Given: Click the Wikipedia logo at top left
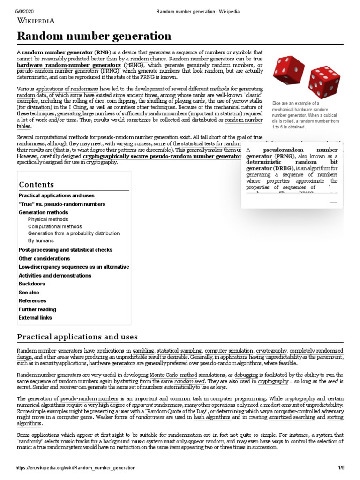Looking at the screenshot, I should tap(36, 20).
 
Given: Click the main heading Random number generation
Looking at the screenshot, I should tap(94, 36).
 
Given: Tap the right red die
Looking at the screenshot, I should tap(324, 82).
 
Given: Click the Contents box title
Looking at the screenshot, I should tap(36, 184).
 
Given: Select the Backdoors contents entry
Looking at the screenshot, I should tap(32, 284).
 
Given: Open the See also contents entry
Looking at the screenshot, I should tap(29, 292).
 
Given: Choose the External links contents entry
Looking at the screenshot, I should tap(35, 317).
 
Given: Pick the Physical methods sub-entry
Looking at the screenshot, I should tap(48, 219).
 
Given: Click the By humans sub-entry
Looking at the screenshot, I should tap(41, 240).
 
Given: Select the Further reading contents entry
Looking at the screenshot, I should tap(37, 309).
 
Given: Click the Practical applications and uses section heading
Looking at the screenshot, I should tap(77, 337).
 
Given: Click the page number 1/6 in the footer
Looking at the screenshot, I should tap(341, 468).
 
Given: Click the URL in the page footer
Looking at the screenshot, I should tap(75, 468).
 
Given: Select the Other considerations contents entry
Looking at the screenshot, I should tap(44, 258).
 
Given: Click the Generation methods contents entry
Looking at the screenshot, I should tap(43, 212).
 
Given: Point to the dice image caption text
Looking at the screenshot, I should tap(305, 115).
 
